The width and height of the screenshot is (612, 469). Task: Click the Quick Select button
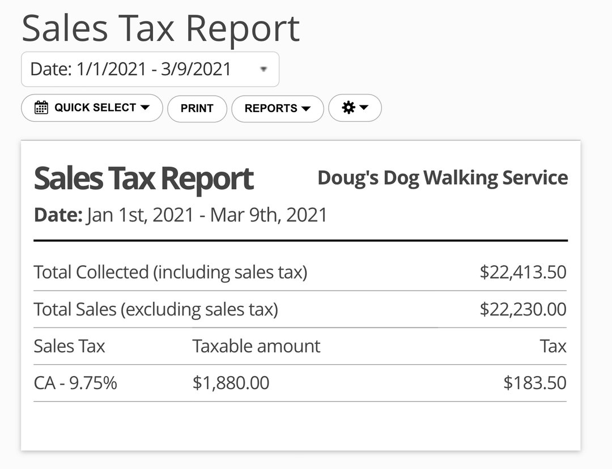(x=92, y=108)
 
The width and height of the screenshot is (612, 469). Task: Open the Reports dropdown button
(x=277, y=108)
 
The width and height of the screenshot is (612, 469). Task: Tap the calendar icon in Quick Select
(x=41, y=108)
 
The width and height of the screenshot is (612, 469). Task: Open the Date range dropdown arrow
(x=263, y=69)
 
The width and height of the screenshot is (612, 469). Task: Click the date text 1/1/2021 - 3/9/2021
(x=154, y=69)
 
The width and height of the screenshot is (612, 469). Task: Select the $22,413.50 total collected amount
(x=522, y=272)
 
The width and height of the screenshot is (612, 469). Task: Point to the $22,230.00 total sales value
(x=522, y=309)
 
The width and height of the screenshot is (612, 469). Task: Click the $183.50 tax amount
(x=534, y=383)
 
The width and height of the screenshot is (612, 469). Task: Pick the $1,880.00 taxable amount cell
(x=231, y=383)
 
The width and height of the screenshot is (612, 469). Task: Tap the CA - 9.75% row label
(x=75, y=383)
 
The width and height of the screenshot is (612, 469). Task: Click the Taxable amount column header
(x=256, y=346)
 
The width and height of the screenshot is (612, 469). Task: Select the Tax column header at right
(x=553, y=346)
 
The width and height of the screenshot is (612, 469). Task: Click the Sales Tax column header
(x=69, y=346)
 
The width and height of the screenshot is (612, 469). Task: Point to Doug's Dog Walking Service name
(x=442, y=178)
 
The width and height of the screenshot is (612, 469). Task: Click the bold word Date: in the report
(x=58, y=215)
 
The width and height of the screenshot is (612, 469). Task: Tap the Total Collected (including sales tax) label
(x=170, y=272)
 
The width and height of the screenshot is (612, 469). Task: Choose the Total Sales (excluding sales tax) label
(x=156, y=309)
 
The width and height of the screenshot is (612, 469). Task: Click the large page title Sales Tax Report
(x=160, y=28)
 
